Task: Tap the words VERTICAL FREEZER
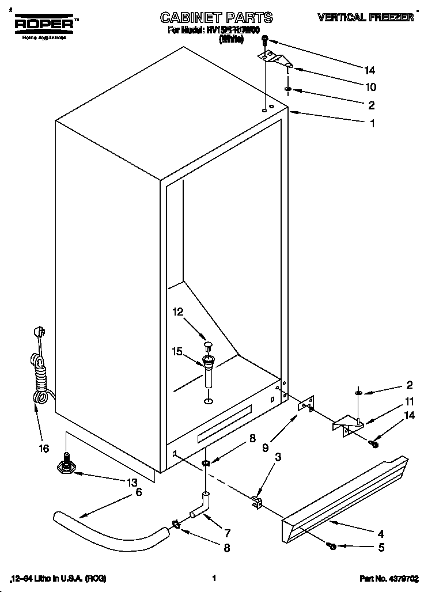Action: click(365, 18)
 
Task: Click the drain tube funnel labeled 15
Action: click(209, 369)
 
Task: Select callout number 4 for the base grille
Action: click(380, 533)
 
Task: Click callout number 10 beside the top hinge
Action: click(370, 87)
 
